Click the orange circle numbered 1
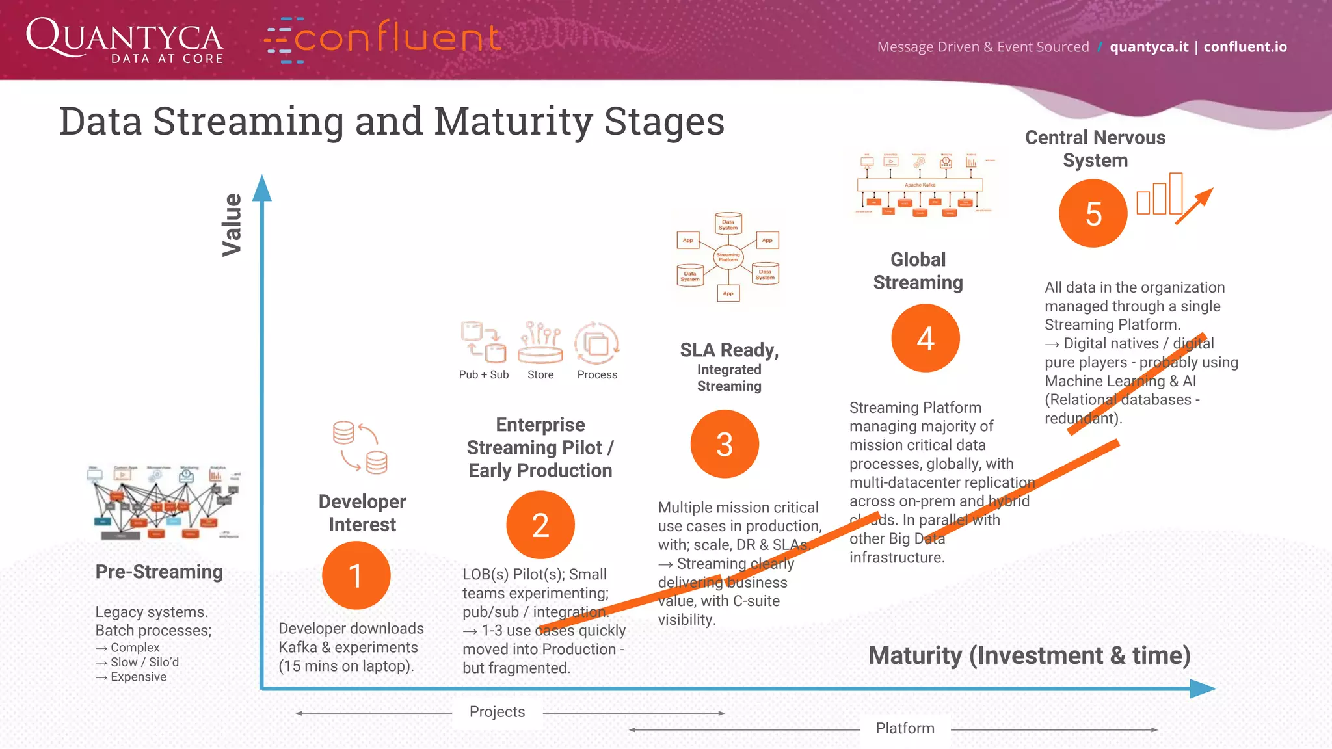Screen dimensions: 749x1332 (356, 575)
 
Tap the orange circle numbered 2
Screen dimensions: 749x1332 (540, 525)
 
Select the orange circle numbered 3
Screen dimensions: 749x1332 (725, 444)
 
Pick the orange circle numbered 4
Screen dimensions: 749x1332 (925, 338)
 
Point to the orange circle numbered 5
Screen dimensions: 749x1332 (1093, 213)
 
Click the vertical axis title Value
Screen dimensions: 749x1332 (232, 224)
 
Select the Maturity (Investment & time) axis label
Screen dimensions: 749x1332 (1029, 655)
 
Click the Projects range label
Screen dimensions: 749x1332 (497, 712)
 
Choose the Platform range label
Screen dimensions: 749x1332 (905, 728)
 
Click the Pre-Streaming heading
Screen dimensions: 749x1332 (159, 572)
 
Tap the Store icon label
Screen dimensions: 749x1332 (540, 374)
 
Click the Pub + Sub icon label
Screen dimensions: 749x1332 (483, 374)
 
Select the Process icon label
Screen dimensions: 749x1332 (597, 374)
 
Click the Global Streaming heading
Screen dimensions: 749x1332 (918, 270)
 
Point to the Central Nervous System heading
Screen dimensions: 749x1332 (1095, 149)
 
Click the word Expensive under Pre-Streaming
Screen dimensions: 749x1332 (138, 677)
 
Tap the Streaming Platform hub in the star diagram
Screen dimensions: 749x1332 (728, 257)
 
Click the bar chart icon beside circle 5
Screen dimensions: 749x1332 (1160, 195)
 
